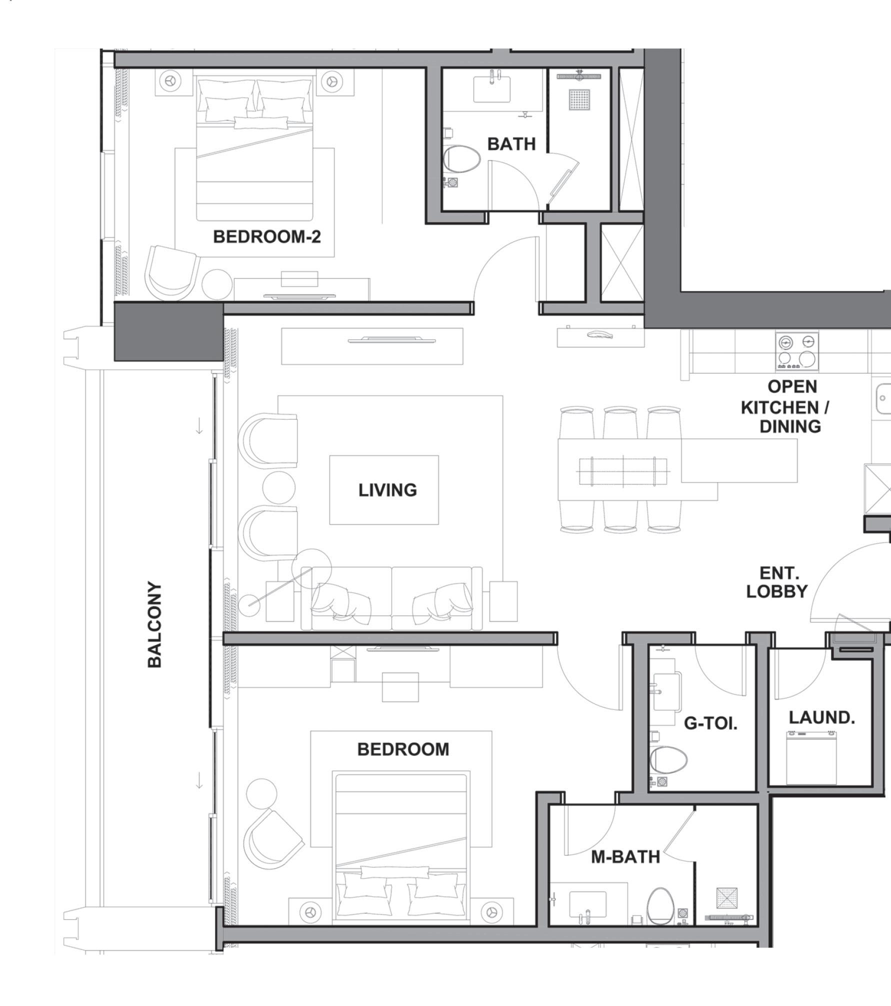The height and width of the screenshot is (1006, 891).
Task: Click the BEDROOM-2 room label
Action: click(x=266, y=236)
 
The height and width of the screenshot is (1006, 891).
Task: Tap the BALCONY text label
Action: click(x=155, y=624)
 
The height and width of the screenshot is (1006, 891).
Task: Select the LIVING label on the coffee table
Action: click(x=387, y=490)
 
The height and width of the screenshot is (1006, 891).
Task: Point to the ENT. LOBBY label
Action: click(x=777, y=582)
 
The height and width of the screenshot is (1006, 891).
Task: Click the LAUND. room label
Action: click(x=822, y=717)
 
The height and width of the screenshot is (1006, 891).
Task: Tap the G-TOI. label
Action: click(x=710, y=723)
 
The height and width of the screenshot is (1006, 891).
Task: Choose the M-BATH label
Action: click(x=625, y=857)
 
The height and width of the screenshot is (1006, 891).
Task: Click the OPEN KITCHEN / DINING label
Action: click(x=785, y=406)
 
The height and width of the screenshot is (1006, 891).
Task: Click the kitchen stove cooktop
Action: click(x=797, y=351)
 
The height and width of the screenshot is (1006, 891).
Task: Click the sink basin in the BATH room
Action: click(x=492, y=89)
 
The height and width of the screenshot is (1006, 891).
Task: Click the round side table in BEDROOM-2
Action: click(x=217, y=284)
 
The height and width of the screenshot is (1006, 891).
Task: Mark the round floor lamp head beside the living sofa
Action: click(x=311, y=568)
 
